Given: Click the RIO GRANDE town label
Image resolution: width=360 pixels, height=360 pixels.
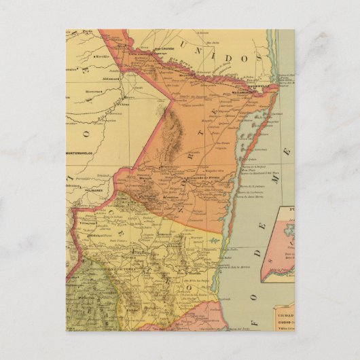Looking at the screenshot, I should click(164, 49).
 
